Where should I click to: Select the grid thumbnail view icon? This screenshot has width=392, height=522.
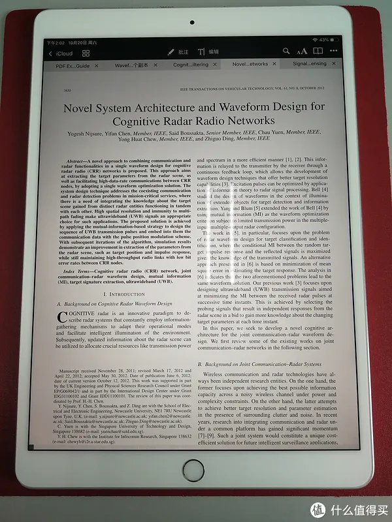(x=86, y=52)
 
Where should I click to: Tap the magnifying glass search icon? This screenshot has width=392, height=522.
(x=286, y=52)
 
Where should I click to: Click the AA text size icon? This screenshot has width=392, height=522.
(x=301, y=52)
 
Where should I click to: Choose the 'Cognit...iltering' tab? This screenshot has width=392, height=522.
(x=191, y=65)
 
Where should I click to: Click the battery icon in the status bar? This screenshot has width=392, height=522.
(x=336, y=40)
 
